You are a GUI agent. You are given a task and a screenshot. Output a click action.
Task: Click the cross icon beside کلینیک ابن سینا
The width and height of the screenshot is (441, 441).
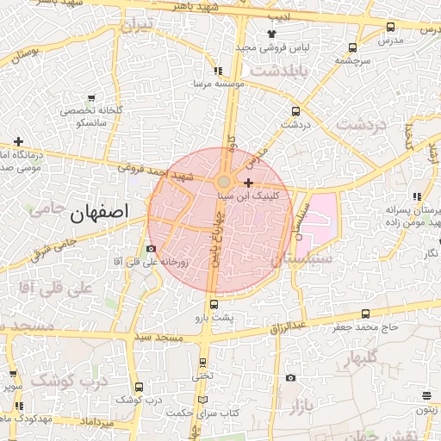[x=249, y=183]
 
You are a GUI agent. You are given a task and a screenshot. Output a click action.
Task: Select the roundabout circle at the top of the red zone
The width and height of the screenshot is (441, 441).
[x=224, y=182]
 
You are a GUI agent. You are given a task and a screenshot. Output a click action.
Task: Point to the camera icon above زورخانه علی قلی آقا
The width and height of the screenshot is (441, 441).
[x=152, y=249]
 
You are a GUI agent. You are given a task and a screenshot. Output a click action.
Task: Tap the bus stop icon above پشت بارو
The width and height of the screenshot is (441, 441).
[x=214, y=304]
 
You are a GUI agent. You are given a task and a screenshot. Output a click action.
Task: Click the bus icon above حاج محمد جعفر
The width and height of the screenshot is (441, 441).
[x=366, y=314]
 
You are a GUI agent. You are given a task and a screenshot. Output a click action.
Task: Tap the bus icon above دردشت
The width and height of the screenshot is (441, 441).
[x=296, y=111]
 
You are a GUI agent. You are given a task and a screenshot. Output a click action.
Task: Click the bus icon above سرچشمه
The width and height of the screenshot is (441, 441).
[x=351, y=48]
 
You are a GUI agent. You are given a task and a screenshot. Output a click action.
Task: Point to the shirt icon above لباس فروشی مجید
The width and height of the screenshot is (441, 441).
[x=272, y=33]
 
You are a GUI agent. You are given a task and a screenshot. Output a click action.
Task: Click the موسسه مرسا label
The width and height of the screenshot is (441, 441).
[x=219, y=84]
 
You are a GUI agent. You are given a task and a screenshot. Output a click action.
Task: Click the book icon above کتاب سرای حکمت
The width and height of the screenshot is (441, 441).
[x=203, y=401]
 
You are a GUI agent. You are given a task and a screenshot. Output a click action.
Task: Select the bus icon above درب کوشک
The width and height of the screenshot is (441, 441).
[x=140, y=388]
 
